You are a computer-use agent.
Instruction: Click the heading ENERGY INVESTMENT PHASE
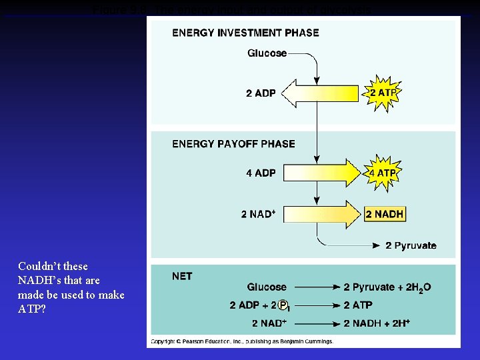point(245,33)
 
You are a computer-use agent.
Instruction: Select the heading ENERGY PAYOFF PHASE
point(233,143)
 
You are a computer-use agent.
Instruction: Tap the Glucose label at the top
point(267,53)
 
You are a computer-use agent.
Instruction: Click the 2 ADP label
point(261,93)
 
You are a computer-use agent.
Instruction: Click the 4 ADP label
point(261,173)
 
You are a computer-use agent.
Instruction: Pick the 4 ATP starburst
point(382,173)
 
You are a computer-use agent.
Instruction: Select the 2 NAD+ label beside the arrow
point(259,214)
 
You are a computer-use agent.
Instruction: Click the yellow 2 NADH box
point(385,214)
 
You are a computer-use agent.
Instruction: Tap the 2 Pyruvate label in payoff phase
point(411,246)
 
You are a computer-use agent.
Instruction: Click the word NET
point(182,276)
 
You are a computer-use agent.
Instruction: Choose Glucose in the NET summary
point(267,287)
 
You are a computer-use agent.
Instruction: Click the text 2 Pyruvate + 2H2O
point(387,287)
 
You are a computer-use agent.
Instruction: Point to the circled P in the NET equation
point(283,305)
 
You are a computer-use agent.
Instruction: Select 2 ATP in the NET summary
point(358,305)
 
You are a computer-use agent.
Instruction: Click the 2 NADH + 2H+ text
point(377,323)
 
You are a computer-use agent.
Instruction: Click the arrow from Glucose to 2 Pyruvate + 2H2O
point(314,287)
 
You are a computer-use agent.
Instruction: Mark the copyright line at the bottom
point(241,341)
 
